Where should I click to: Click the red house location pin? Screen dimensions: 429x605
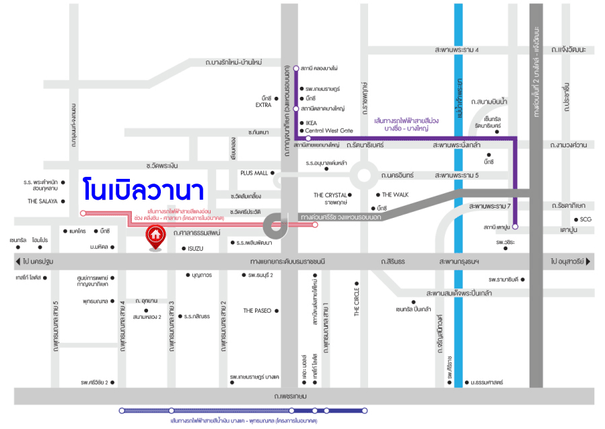155,237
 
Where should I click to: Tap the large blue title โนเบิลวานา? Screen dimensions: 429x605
143,190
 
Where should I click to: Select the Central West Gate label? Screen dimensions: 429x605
329,130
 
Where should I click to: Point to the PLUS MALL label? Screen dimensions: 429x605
254,173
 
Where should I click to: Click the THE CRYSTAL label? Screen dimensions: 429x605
330,195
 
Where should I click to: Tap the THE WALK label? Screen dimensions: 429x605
396,195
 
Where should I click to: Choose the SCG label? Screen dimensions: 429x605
585,219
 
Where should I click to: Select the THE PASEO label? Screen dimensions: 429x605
257,311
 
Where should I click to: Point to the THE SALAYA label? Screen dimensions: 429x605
42,201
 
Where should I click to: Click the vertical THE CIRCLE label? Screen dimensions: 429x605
357,302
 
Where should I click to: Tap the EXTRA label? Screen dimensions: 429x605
263,106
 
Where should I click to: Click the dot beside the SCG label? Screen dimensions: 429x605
575,219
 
